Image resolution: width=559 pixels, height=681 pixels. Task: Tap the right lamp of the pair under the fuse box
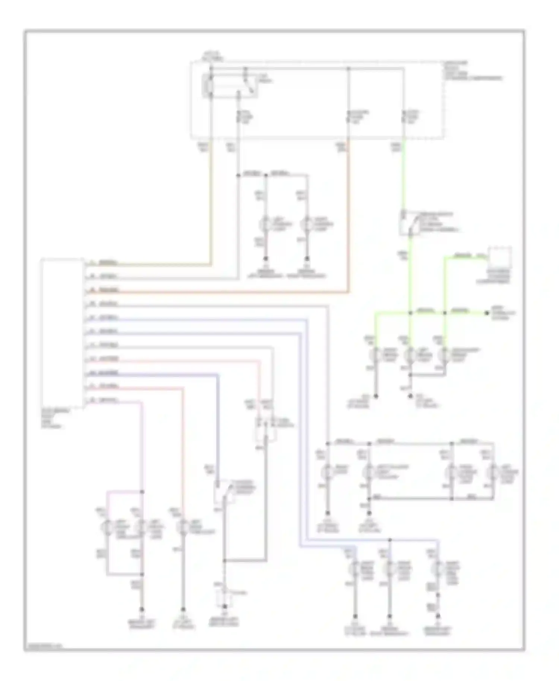(x=307, y=225)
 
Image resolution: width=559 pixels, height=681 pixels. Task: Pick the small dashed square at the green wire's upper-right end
(x=500, y=257)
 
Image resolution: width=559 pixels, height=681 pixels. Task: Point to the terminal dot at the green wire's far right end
(x=487, y=313)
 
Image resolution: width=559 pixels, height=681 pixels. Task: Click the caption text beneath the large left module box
(x=52, y=418)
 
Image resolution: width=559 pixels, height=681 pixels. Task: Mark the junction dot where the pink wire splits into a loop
(x=142, y=492)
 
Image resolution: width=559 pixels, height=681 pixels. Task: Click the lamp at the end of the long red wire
(x=183, y=528)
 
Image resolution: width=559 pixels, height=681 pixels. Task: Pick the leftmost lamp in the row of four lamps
(x=328, y=472)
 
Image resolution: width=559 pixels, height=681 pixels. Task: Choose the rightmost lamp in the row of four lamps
(x=493, y=472)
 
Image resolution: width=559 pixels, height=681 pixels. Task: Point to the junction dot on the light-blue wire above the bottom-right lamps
(x=389, y=539)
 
